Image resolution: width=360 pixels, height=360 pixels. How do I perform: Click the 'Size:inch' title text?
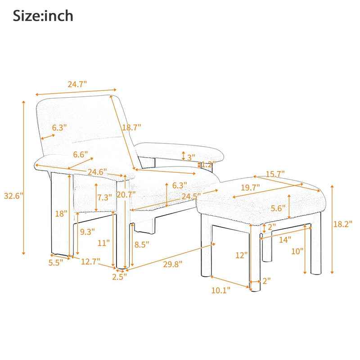[x=43, y=16]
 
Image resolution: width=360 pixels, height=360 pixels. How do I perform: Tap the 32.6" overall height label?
[x=13, y=196]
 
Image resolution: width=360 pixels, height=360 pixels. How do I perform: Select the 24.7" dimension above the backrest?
[x=77, y=84]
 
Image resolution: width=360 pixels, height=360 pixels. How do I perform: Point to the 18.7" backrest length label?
[x=131, y=127]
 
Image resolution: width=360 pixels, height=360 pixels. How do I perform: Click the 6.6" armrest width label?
[x=81, y=154]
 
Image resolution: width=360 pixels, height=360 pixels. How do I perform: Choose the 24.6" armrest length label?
[x=97, y=172]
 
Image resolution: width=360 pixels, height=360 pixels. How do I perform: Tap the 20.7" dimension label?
[x=126, y=195]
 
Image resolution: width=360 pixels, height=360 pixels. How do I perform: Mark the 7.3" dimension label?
[x=104, y=198]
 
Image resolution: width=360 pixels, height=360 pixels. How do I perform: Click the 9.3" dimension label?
[x=87, y=232]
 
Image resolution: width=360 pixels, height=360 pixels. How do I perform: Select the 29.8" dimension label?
[x=173, y=264]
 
